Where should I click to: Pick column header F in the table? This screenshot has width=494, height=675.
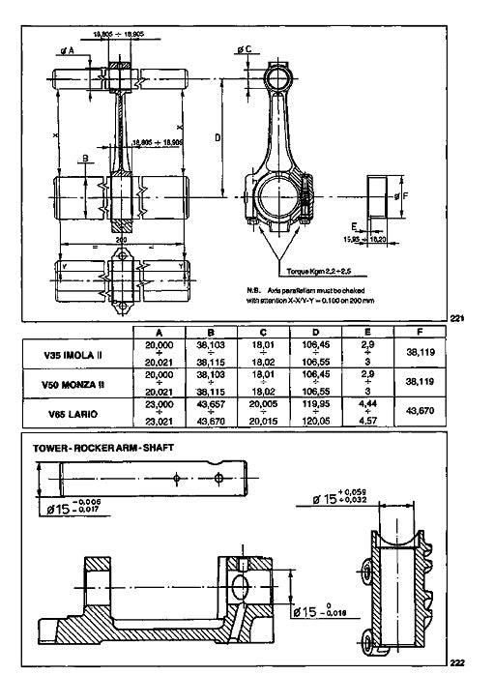(421, 331)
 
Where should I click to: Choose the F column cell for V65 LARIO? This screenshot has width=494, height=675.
(421, 413)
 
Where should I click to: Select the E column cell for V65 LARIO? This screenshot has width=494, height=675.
(366, 413)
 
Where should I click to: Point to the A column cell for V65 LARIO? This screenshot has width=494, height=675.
(158, 413)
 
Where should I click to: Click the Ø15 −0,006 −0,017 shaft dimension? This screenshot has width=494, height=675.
(72, 505)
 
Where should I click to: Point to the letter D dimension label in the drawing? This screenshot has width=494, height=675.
(218, 138)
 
